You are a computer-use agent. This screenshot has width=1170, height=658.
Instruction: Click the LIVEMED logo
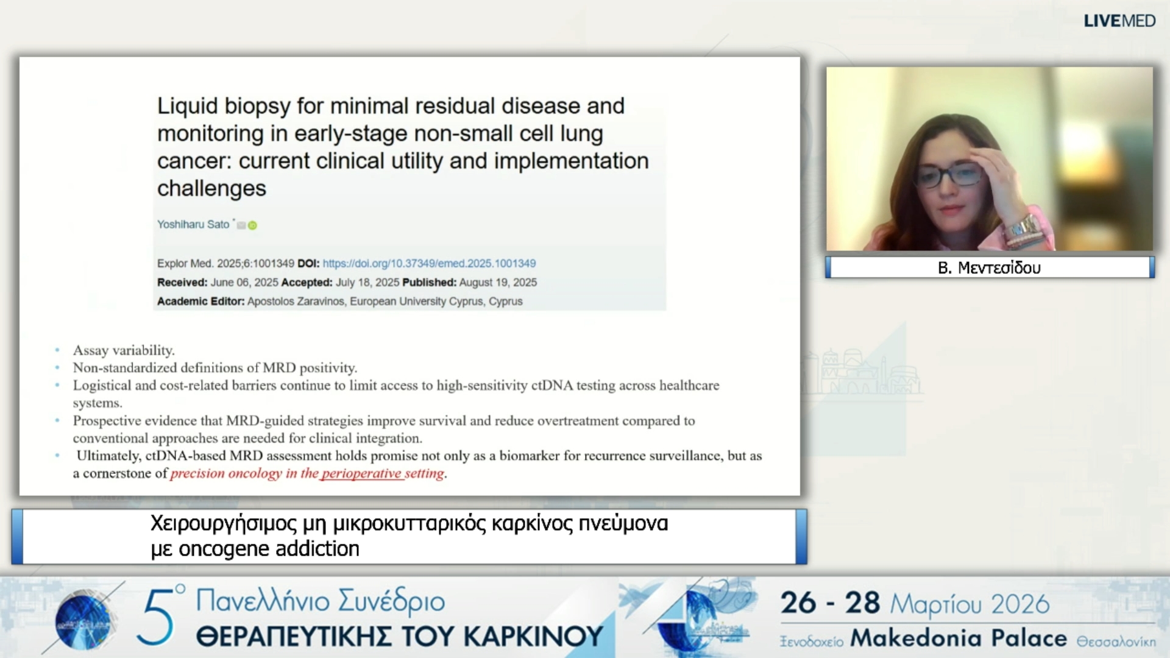pos(1119,21)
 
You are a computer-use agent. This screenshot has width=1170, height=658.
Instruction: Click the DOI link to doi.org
pos(429,263)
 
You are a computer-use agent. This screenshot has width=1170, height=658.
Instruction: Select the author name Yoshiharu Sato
pos(193,224)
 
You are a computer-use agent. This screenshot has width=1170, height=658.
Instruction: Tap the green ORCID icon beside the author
pos(252,225)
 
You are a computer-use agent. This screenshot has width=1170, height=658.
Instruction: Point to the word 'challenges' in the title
pos(211,188)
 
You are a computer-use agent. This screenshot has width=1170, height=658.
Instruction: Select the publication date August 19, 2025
pos(498,282)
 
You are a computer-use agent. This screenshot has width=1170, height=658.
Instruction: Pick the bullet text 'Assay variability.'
pos(124,350)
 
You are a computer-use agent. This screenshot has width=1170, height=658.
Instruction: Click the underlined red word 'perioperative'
pos(361,473)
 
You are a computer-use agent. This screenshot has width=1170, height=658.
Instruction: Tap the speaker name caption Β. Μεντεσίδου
pos(989,267)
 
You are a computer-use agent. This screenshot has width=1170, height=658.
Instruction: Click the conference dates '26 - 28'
pos(830,603)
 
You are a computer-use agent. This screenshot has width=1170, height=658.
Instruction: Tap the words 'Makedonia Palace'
pos(959,638)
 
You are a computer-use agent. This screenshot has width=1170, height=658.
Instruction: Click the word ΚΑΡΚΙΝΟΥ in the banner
pos(533,637)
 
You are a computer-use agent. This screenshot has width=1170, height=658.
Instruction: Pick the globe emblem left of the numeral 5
pos(83,620)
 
